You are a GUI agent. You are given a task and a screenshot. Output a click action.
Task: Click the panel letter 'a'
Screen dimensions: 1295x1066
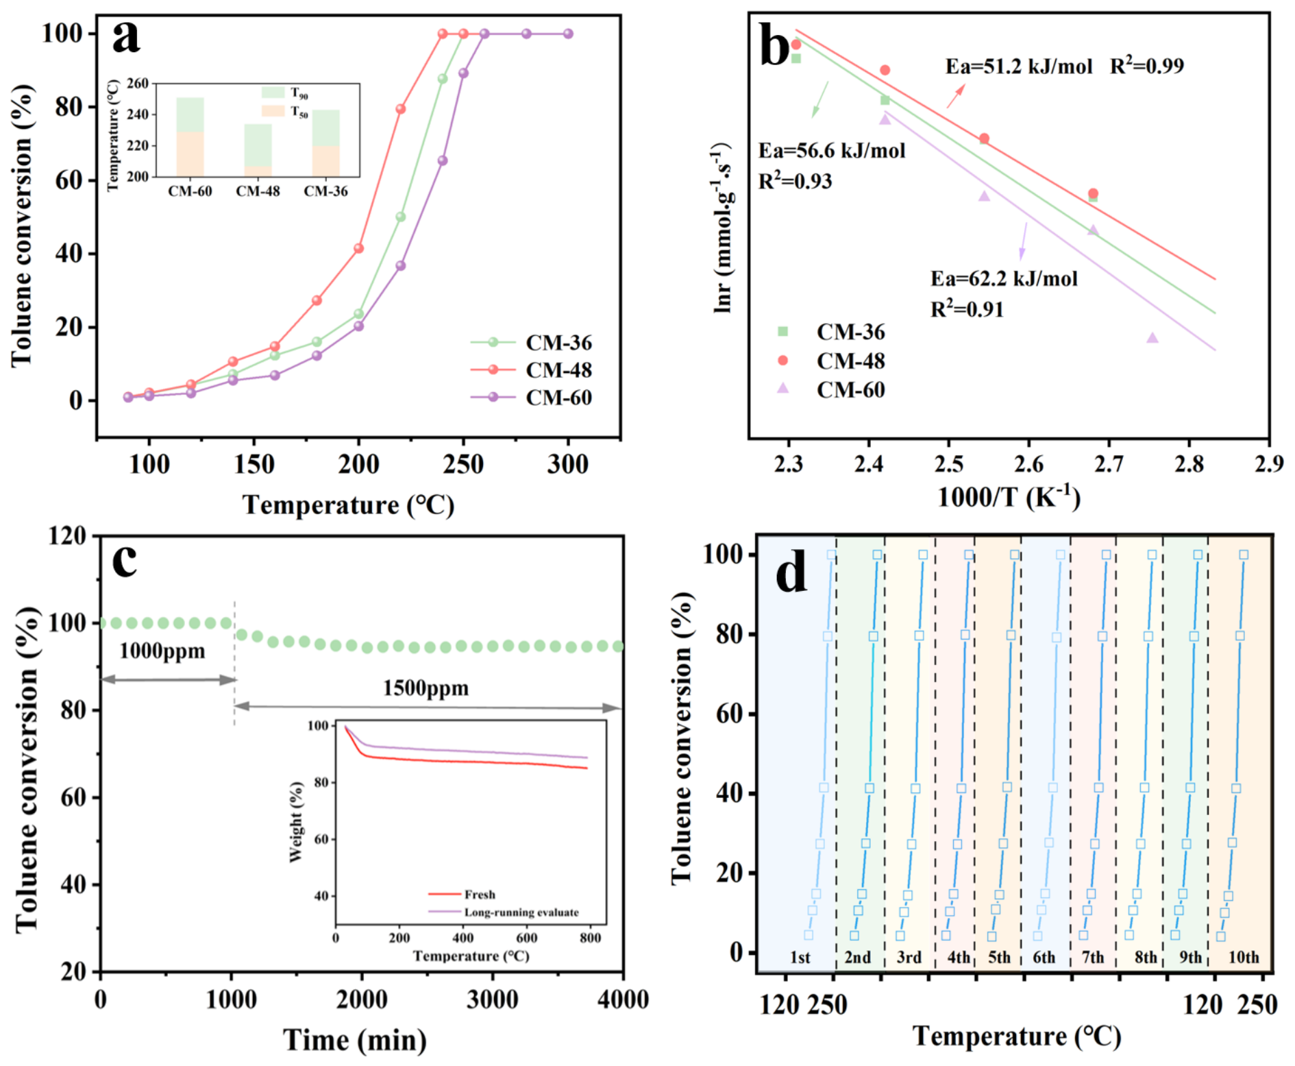click(x=127, y=38)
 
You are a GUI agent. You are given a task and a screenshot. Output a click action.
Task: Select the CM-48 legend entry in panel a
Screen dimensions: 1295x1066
click(x=531, y=370)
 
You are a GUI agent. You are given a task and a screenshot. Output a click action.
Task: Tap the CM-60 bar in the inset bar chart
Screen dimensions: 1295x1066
click(x=190, y=137)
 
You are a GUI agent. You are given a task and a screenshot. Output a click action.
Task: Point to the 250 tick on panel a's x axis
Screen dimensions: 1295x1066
click(x=463, y=465)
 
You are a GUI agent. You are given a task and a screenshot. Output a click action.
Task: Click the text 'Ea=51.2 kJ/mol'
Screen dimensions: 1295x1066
click(x=1019, y=66)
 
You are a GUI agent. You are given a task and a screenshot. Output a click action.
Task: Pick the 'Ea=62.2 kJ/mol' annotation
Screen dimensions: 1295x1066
click(x=1004, y=279)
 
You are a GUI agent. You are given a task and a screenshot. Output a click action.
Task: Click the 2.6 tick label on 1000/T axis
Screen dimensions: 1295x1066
click(x=1028, y=465)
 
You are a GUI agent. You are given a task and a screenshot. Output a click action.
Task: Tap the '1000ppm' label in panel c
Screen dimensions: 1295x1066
click(x=162, y=651)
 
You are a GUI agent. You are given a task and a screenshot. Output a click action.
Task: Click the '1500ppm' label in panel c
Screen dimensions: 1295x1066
click(x=425, y=688)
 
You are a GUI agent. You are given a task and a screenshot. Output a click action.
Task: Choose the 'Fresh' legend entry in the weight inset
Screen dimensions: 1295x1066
click(x=462, y=895)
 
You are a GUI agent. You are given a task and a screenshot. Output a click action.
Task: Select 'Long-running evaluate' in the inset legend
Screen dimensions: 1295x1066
click(x=504, y=912)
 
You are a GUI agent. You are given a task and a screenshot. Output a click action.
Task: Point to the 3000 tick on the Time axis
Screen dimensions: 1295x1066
click(x=492, y=1000)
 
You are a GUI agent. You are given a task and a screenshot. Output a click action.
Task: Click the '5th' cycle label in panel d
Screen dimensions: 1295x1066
click(x=999, y=957)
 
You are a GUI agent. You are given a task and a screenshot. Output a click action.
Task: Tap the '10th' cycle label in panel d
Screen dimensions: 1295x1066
click(x=1244, y=957)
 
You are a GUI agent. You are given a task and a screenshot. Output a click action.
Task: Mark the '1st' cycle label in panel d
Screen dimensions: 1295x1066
click(x=800, y=957)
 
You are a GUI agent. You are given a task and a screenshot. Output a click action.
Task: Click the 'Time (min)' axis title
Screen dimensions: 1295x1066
click(x=355, y=1041)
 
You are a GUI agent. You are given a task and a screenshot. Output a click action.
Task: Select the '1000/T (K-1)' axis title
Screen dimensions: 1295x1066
click(x=1009, y=497)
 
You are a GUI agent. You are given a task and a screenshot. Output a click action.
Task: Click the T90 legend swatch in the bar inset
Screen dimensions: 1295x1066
click(x=273, y=93)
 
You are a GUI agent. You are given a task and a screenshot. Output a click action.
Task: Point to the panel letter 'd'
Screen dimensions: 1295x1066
click(x=791, y=574)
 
